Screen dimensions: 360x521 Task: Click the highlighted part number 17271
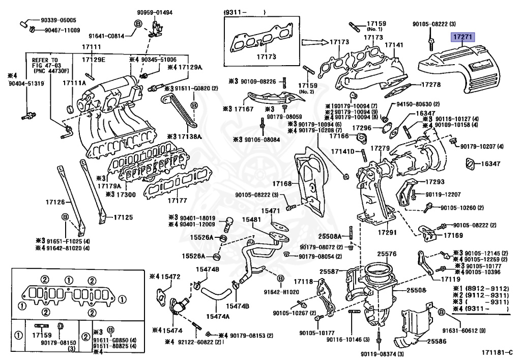click(462, 37)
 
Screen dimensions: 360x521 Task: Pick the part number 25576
click(387, 253)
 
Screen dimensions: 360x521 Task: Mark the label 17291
click(387, 232)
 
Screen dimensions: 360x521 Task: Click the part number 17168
click(281, 183)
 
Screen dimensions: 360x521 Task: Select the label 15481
click(251, 220)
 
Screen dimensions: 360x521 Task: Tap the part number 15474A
click(218, 316)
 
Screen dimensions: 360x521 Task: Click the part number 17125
click(123, 217)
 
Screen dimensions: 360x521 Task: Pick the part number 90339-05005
click(59, 20)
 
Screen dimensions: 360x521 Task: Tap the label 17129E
click(94, 60)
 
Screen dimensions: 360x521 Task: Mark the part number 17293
click(435, 182)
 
